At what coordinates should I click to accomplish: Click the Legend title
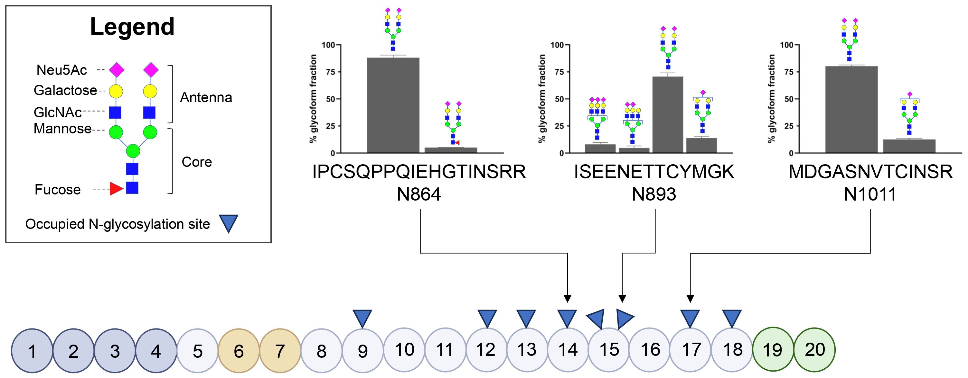coord(132,27)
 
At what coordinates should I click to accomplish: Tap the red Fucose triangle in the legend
coord(116,189)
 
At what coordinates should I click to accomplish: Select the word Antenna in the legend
coord(206,98)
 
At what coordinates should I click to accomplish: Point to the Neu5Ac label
coord(61,70)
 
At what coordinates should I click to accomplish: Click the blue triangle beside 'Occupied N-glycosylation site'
coord(229,224)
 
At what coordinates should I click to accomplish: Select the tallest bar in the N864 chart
coord(393,105)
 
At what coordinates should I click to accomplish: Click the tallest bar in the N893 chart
coord(668,114)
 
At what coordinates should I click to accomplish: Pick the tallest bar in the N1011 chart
coord(851,109)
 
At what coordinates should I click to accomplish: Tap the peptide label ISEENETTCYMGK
coord(654,172)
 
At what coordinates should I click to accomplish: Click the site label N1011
coord(870,194)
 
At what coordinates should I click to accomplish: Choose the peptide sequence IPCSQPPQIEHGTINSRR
coord(419,172)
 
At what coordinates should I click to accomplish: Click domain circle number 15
coord(609,350)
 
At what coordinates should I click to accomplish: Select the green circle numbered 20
coord(814,350)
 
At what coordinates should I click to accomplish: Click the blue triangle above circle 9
coord(362,318)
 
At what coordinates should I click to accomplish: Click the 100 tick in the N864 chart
coord(328,45)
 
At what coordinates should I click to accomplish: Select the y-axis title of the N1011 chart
coord(771,99)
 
